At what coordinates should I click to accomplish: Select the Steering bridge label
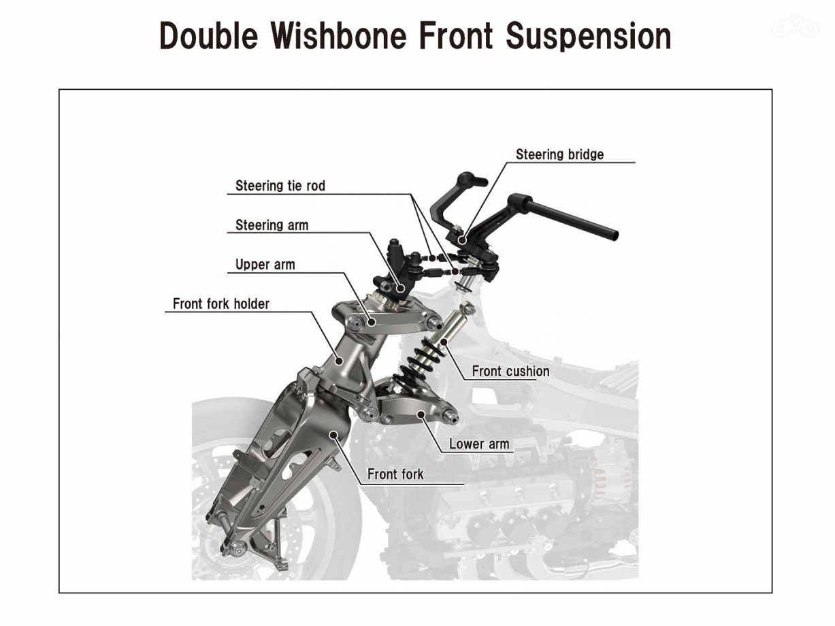[x=559, y=154]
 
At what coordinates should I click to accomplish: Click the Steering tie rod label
[x=280, y=186]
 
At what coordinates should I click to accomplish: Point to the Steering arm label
[x=272, y=225]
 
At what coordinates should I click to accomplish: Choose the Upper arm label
[x=265, y=265]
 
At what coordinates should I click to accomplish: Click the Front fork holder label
[x=220, y=304]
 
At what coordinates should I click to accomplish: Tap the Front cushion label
[x=510, y=372]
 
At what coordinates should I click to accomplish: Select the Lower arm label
[x=479, y=444]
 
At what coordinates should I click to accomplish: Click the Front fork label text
[x=395, y=474]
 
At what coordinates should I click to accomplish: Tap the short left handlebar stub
[x=470, y=181]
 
